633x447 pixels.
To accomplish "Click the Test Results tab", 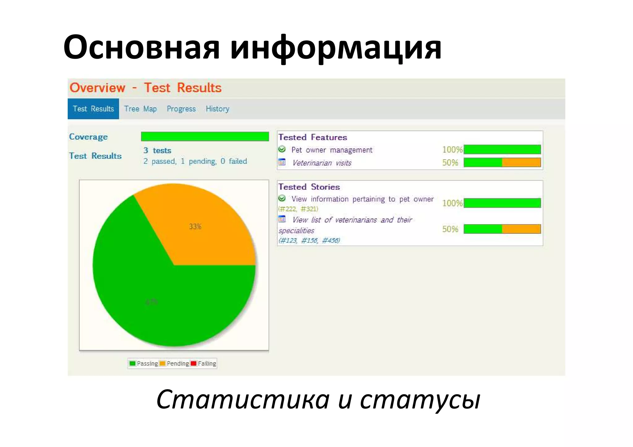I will point(93,109).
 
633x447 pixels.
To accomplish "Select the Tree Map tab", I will point(140,109).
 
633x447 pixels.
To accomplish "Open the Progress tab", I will point(181,109).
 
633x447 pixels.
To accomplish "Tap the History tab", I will point(217,109).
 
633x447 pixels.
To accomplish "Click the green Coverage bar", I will point(205,137).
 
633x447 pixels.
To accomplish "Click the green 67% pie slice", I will point(155,297).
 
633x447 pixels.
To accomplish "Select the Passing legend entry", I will point(144,364).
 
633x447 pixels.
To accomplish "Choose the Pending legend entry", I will point(174,364).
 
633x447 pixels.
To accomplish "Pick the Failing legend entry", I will point(204,364).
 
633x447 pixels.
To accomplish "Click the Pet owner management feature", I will point(332,150).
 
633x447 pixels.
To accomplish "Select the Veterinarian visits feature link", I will point(321,163).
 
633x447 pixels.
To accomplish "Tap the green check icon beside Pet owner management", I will point(282,149).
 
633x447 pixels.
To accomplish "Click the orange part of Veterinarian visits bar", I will point(521,162).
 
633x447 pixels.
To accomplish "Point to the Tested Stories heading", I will point(309,187).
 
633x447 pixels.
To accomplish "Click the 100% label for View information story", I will point(452,203).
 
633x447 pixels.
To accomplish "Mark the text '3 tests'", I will point(157,150).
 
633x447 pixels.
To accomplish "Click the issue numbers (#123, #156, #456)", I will point(309,240).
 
